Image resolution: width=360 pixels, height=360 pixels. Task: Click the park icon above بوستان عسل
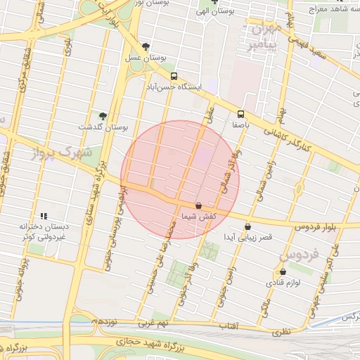tap(146, 46)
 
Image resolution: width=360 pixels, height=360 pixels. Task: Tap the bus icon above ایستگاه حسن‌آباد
tap(174, 75)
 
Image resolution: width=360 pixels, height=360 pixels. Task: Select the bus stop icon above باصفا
tap(241, 113)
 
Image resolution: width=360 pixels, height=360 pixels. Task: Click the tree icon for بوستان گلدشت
tap(103, 115)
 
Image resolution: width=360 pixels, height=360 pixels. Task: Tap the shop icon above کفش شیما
tap(198, 206)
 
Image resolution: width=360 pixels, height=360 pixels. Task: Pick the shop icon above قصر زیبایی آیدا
tap(247, 226)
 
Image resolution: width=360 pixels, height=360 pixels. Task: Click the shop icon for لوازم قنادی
tap(283, 271)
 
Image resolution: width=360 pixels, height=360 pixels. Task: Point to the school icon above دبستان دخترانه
tap(44, 216)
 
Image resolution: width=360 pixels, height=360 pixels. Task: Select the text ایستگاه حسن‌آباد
tap(174, 86)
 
